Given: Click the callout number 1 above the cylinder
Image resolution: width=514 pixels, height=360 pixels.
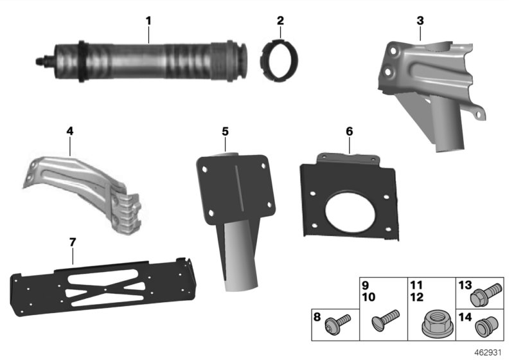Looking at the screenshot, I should tap(148, 21).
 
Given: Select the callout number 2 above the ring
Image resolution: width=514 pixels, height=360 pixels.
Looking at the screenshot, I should tap(280, 21).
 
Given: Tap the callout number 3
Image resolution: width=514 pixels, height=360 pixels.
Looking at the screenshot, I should tap(420, 21).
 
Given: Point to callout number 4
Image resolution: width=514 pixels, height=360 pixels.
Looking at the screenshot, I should tap(69, 131).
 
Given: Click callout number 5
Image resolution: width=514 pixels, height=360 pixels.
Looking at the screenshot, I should tap(225, 131).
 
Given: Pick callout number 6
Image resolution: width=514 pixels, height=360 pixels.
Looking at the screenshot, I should tap(350, 131).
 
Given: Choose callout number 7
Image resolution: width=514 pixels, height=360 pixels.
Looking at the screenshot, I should tap(73, 242).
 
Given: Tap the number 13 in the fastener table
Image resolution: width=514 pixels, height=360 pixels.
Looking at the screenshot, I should tap(464, 285).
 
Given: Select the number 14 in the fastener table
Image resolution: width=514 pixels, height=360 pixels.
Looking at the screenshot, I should tap(464, 317).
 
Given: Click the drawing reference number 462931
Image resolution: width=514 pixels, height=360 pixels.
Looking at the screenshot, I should tap(490, 351).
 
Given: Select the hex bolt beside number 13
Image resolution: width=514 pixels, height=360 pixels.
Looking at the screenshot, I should tap(486, 295).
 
